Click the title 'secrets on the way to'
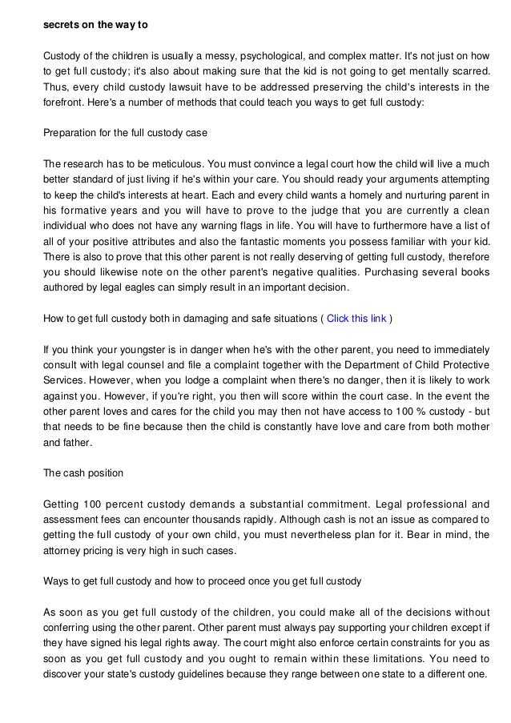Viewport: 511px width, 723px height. [x=95, y=23]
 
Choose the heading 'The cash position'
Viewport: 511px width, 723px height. [x=83, y=472]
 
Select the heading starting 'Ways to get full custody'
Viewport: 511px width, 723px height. [x=203, y=583]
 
